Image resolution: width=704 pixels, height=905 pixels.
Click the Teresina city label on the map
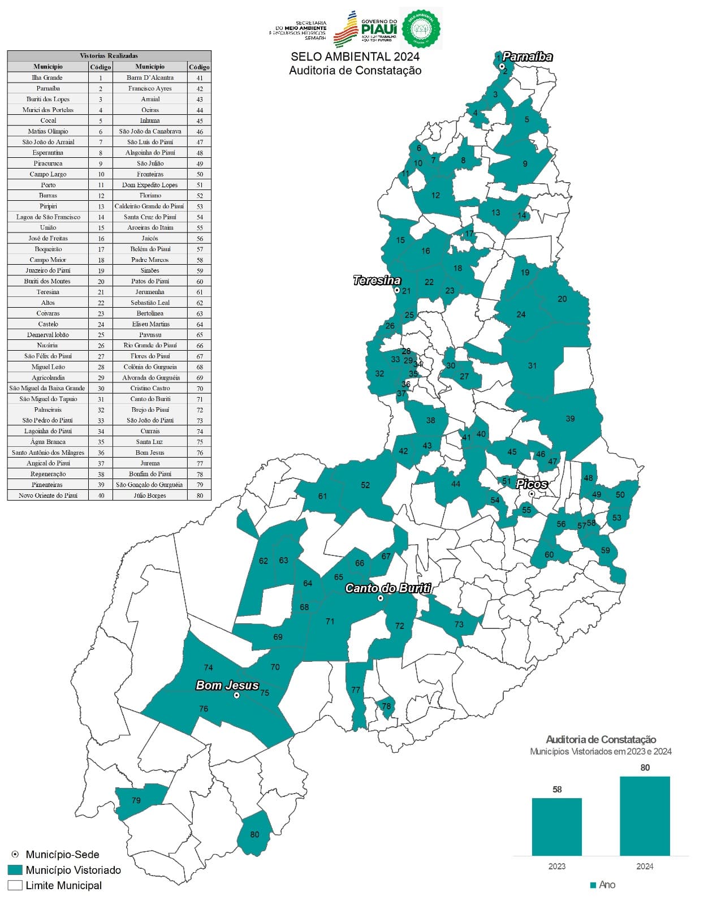(x=377, y=280)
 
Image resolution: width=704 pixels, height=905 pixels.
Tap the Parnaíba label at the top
(x=527, y=57)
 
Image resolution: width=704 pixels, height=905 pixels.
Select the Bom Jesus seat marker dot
(x=236, y=695)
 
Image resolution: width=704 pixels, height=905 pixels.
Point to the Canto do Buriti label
(x=388, y=588)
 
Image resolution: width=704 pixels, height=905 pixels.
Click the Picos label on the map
(x=532, y=484)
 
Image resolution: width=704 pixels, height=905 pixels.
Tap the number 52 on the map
(x=365, y=485)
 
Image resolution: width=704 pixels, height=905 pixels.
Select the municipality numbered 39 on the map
(x=570, y=419)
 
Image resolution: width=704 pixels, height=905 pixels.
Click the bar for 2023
(x=556, y=827)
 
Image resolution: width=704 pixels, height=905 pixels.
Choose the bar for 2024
(x=645, y=816)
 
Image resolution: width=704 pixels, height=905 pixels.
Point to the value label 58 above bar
(x=557, y=790)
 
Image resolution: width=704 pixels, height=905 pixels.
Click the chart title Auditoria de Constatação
(x=601, y=739)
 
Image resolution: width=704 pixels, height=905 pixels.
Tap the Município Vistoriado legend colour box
(x=15, y=870)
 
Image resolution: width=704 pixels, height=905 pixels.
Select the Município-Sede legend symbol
(x=15, y=855)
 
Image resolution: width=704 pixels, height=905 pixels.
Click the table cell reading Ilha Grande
(x=47, y=77)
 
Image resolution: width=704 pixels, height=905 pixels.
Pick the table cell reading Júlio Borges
(x=150, y=495)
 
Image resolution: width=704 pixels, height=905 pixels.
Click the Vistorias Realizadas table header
(x=109, y=56)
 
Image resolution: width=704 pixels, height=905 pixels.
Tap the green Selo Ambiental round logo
(x=421, y=28)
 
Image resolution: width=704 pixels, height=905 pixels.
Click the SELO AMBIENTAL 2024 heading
(x=355, y=57)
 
